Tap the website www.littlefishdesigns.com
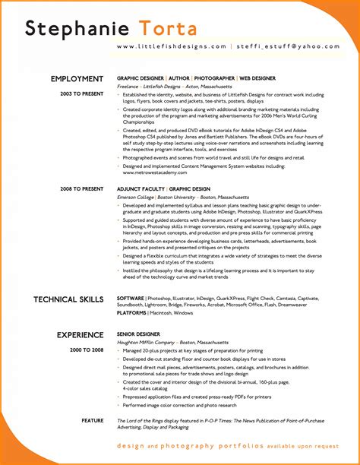[x=172, y=46]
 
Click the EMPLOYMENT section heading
[x=77, y=79]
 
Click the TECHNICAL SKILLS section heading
[x=68, y=300]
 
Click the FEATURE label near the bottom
[x=93, y=420]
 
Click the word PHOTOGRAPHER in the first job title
[x=216, y=79]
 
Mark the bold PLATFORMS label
[x=132, y=312]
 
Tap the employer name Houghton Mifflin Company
[x=148, y=342]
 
